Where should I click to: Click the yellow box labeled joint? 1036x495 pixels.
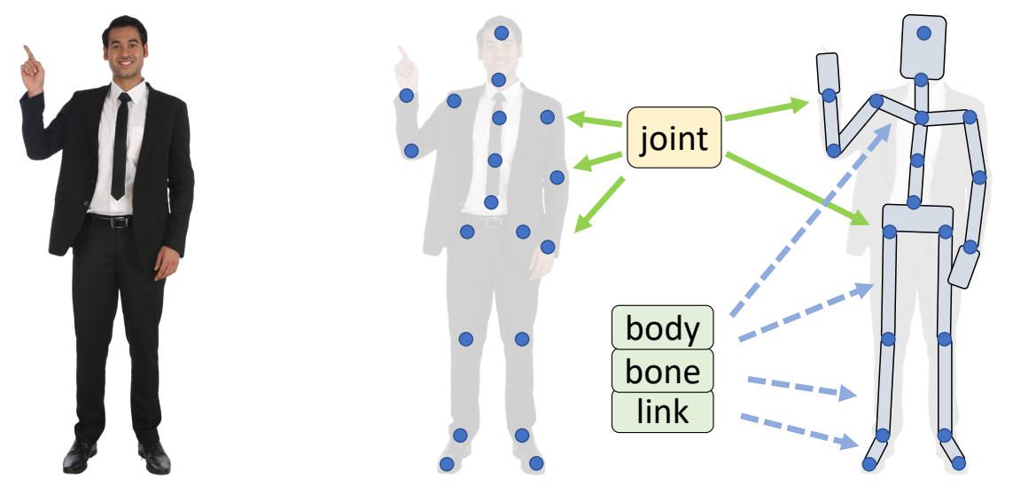tap(674, 138)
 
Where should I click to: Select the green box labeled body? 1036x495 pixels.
tap(662, 327)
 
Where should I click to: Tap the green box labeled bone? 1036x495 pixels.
tap(662, 370)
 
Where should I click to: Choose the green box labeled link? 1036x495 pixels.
tap(662, 412)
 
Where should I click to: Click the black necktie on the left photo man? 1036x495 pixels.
tap(120, 146)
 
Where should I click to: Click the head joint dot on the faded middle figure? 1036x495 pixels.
tap(502, 34)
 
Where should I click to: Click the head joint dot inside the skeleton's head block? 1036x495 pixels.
tap(923, 34)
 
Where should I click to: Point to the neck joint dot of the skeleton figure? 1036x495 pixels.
tap(922, 80)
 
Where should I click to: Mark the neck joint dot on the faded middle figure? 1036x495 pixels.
tap(499, 80)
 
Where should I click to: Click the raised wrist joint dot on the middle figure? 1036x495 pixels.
tap(407, 96)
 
